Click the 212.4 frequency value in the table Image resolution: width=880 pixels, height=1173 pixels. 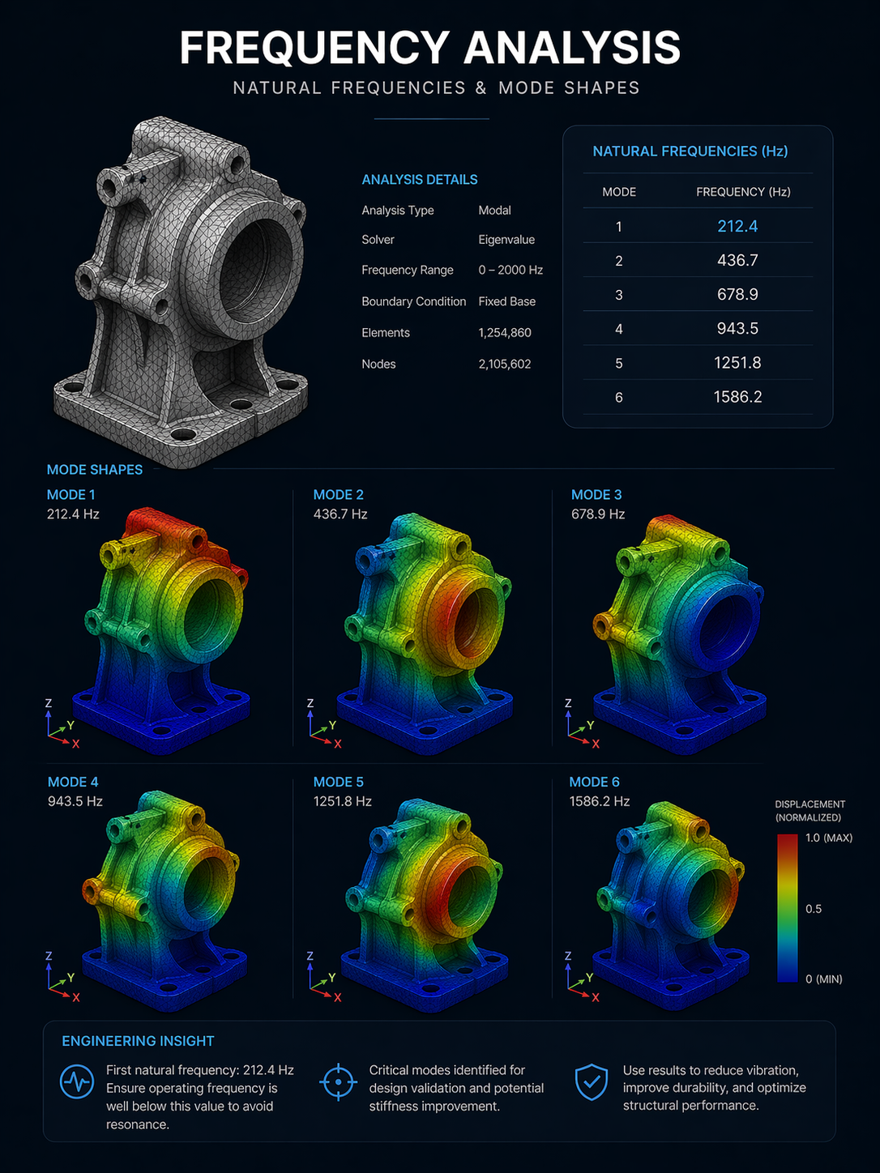coord(737,226)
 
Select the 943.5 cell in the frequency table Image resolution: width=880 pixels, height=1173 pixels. coord(737,328)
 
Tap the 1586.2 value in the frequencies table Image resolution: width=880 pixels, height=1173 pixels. coord(737,396)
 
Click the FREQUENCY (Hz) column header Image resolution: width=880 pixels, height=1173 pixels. coord(743,192)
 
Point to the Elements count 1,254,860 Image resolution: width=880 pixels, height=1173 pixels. coord(504,332)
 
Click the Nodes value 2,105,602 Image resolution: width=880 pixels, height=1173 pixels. coord(504,364)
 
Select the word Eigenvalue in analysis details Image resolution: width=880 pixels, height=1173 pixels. coord(506,240)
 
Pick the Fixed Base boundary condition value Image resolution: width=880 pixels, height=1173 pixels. coord(506,301)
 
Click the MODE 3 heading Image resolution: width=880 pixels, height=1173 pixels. coord(596,494)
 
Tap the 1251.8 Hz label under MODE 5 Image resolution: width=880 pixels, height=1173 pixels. coord(343,801)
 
